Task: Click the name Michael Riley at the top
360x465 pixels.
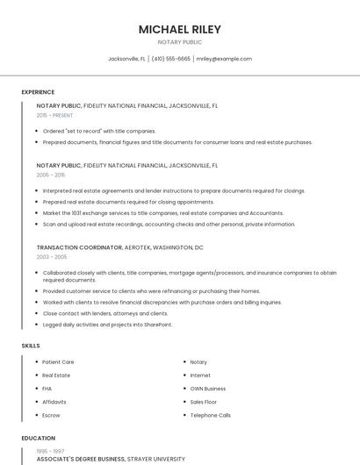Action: pyautogui.click(x=180, y=29)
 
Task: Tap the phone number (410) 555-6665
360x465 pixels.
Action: pyautogui.click(x=170, y=59)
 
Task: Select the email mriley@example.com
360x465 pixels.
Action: pyautogui.click(x=224, y=59)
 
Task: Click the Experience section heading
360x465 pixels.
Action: pyautogui.click(x=38, y=92)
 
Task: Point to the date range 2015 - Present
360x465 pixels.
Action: pyautogui.click(x=54, y=115)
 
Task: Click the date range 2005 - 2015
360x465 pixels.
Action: pyautogui.click(x=51, y=175)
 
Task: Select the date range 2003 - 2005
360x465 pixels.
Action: pyautogui.click(x=51, y=257)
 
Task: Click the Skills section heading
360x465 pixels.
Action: pyautogui.click(x=31, y=346)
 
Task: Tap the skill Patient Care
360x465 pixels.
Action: pyautogui.click(x=58, y=361)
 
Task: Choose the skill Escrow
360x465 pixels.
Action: pyautogui.click(x=51, y=415)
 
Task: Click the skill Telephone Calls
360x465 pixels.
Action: pyautogui.click(x=211, y=415)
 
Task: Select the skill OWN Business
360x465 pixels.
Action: pyautogui.click(x=208, y=388)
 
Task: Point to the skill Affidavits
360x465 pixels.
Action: pyautogui.click(x=54, y=402)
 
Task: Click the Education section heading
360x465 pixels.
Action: pyautogui.click(x=38, y=438)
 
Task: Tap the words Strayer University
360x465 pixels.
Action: pyautogui.click(x=157, y=458)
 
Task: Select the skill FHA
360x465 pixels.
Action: pyautogui.click(x=47, y=388)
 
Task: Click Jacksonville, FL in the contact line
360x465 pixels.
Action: pyautogui.click(x=126, y=59)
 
